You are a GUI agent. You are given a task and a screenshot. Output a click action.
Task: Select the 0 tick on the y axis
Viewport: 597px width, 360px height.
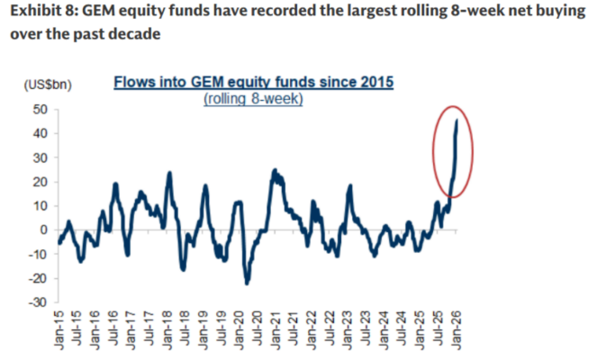[41, 229]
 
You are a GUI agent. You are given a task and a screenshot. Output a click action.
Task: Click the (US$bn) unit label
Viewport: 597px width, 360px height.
[48, 85]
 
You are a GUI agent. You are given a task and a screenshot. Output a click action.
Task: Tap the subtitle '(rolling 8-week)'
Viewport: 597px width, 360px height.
[254, 98]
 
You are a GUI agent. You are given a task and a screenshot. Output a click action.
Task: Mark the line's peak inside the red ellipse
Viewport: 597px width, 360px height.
[457, 121]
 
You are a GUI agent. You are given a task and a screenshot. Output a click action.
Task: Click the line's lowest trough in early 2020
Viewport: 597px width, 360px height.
[247, 283]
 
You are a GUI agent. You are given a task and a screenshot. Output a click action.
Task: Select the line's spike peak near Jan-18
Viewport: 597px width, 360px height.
[168, 173]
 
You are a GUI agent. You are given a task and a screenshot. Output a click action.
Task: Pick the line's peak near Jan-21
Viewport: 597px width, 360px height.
[274, 170]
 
